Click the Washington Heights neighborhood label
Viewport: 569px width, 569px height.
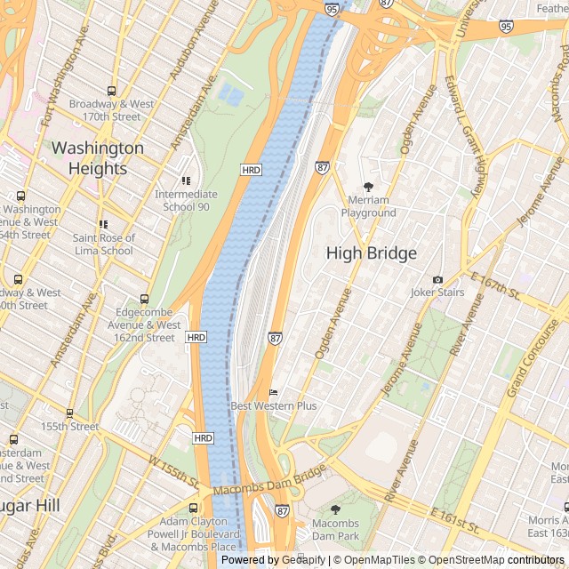(x=97, y=158)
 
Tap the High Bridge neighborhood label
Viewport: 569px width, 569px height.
(x=371, y=253)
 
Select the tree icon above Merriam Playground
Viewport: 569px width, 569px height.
(x=368, y=187)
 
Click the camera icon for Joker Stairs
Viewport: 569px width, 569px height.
(x=437, y=279)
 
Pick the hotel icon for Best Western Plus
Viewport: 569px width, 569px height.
(x=273, y=392)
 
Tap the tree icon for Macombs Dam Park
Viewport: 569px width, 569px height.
(x=335, y=509)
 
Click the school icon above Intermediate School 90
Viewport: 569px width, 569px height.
(x=185, y=181)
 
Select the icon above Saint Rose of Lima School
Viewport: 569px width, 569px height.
(x=103, y=225)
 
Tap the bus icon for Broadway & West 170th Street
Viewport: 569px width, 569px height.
(x=111, y=91)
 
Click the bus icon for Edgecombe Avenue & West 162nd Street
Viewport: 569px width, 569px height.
(x=145, y=300)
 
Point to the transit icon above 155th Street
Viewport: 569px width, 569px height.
(x=69, y=413)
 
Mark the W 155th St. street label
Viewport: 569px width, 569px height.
(x=173, y=473)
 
